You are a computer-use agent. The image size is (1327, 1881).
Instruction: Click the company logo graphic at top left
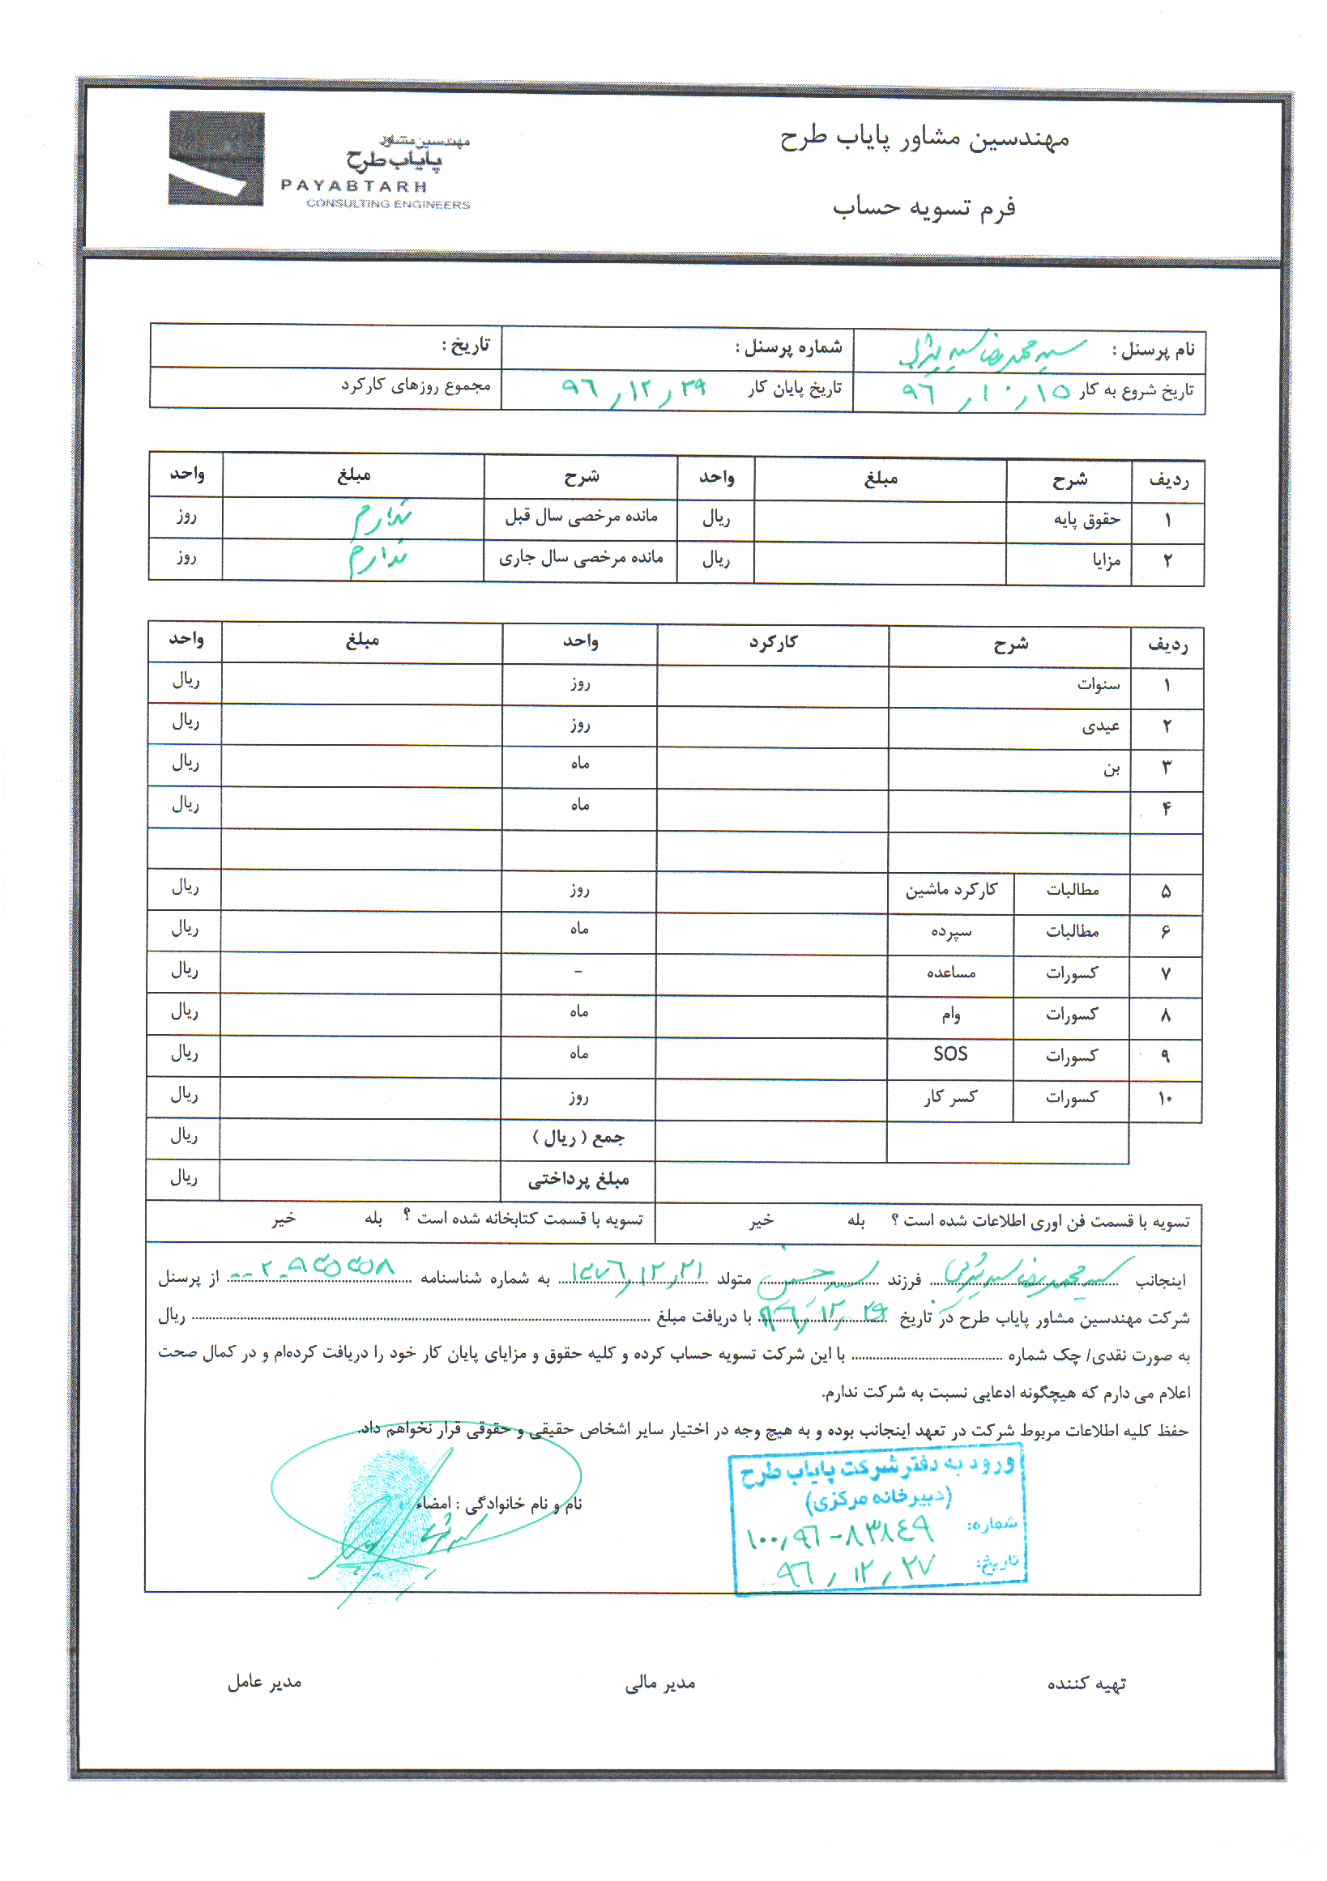point(216,158)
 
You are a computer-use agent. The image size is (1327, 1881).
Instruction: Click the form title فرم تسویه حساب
point(924,208)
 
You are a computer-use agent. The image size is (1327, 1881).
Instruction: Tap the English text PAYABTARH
point(354,186)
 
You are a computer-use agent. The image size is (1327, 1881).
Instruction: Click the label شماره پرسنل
point(787,347)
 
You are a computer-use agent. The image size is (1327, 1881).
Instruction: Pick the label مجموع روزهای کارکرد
point(416,385)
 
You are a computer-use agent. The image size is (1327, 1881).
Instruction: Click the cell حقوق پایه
point(1086,519)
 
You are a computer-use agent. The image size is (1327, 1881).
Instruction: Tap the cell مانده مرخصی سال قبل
point(581,516)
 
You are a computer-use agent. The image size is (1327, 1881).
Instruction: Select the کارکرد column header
point(772,642)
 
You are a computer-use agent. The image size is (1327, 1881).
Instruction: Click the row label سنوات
point(1099,684)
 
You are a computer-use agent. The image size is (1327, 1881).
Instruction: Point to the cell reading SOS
point(950,1054)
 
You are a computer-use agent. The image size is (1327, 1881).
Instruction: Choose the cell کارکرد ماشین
point(951,890)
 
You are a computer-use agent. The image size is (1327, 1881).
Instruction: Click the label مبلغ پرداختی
point(578,1179)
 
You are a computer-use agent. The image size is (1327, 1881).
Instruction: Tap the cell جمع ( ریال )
point(578,1137)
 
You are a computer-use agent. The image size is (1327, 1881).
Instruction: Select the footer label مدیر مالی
point(659,1683)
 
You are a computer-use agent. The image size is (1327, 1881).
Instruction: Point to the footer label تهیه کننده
point(1086,1683)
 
